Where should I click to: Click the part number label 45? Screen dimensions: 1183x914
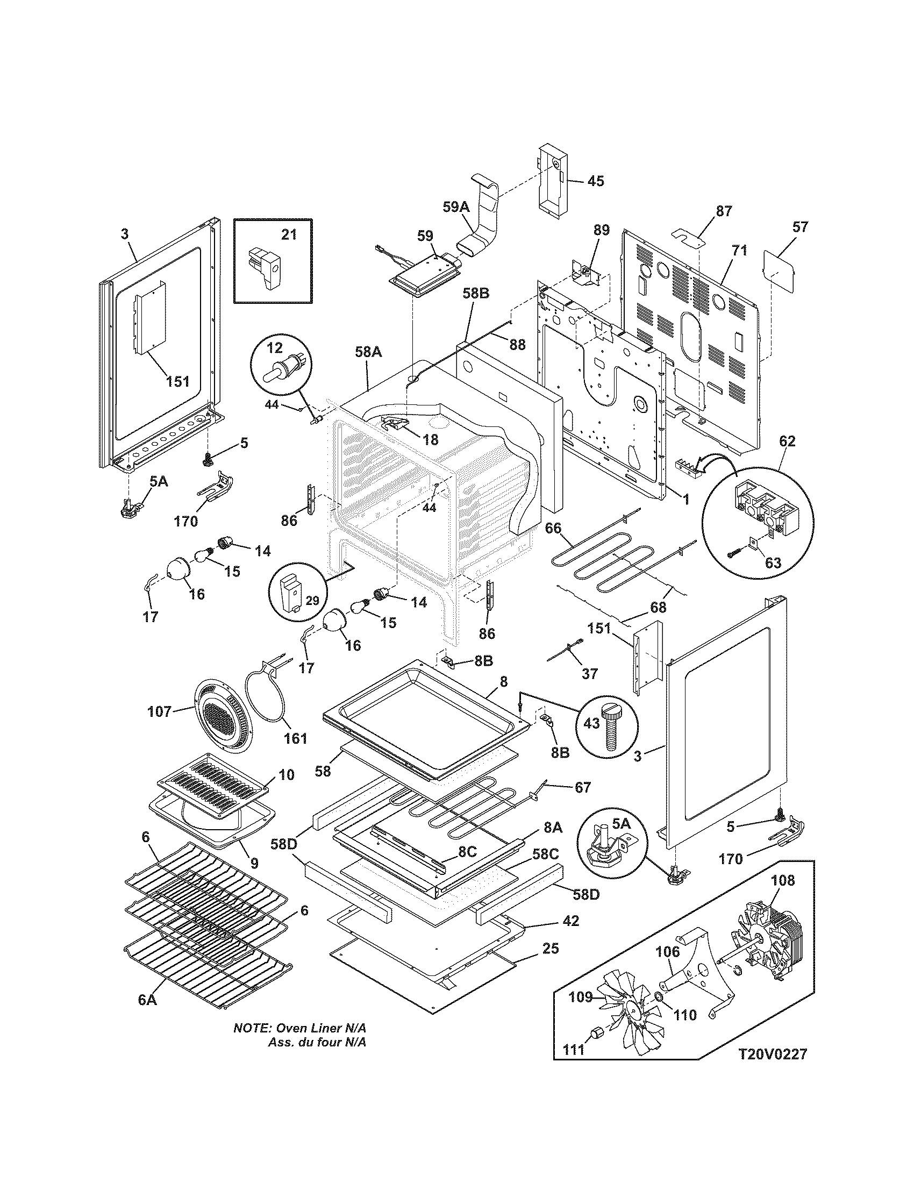pyautogui.click(x=596, y=181)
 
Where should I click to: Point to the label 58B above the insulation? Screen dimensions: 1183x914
pyautogui.click(x=476, y=293)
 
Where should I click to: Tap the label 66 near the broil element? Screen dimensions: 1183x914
pyautogui.click(x=553, y=528)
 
